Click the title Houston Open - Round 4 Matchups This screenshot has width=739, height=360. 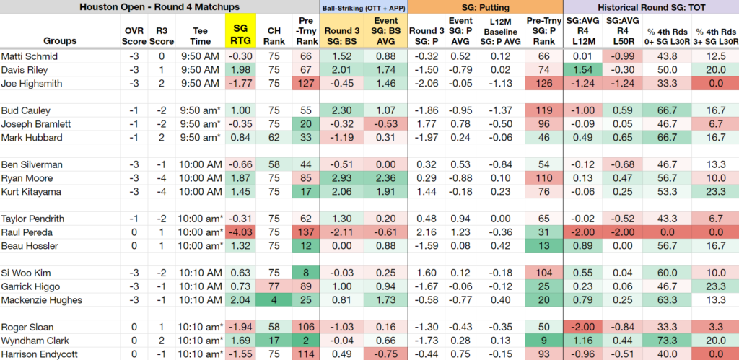[159, 7]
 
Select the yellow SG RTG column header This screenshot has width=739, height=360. [240, 35]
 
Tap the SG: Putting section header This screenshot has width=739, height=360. [486, 7]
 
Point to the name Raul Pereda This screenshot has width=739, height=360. [27, 232]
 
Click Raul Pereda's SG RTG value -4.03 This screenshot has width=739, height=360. [240, 232]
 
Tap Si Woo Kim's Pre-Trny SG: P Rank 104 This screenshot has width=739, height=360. [544, 273]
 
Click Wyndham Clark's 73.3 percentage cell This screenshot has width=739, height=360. [669, 341]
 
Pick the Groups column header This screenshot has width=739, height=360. [61, 40]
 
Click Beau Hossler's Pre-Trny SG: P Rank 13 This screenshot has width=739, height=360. [544, 246]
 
